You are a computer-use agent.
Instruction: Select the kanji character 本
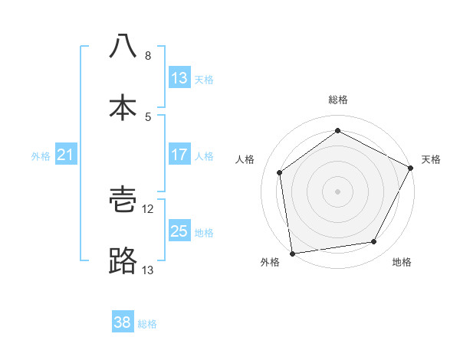click(123, 107)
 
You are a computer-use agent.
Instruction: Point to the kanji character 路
click(123, 261)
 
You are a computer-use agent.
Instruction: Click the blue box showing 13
click(179, 78)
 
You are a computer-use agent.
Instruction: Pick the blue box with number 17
click(179, 155)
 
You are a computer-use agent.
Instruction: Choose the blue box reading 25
click(179, 231)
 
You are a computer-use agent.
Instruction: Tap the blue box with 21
click(65, 155)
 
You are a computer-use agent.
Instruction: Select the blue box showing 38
click(123, 322)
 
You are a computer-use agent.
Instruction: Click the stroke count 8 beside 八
click(147, 56)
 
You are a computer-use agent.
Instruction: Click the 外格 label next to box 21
click(41, 156)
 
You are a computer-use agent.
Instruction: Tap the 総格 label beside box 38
click(147, 324)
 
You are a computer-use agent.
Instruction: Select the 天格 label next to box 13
click(204, 80)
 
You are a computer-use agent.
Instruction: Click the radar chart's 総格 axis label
click(338, 100)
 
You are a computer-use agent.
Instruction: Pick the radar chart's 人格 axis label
click(245, 159)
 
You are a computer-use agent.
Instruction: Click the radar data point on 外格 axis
click(292, 253)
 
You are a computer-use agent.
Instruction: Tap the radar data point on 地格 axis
click(374, 242)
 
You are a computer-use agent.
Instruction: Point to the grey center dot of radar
click(337, 191)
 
